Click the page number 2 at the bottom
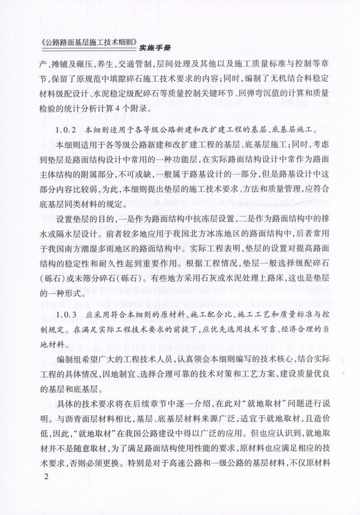coord(44,494)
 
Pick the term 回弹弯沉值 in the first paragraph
coord(254,94)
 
